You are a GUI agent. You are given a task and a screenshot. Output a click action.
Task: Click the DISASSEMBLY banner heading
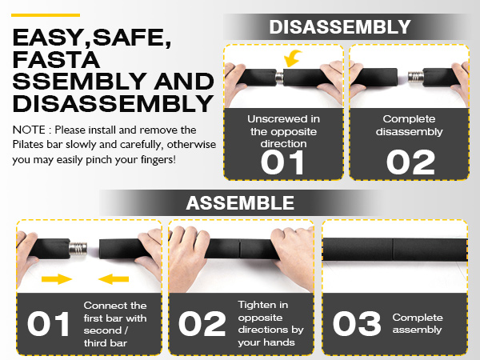[340, 27]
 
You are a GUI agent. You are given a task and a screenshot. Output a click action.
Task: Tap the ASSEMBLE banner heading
[240, 203]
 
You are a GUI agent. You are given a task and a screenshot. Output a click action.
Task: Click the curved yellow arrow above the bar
[292, 58]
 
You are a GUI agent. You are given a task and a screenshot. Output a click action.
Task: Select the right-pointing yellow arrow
[57, 279]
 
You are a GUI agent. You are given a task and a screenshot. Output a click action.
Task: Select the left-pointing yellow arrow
[114, 279]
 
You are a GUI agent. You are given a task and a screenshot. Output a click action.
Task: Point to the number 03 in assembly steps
[357, 323]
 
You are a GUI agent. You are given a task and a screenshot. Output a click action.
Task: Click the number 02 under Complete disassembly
[410, 162]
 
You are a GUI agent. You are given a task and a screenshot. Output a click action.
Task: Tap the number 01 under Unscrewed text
[282, 162]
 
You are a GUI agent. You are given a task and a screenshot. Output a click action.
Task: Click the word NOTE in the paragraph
[29, 130]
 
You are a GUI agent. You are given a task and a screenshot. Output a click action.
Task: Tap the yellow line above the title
[46, 15]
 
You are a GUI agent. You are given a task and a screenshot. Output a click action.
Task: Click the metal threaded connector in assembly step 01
[78, 248]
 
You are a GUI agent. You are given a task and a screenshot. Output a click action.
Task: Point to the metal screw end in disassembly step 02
[416, 77]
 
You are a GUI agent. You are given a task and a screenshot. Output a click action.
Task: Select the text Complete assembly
[418, 323]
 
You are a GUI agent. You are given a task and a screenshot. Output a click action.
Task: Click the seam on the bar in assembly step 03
[393, 249]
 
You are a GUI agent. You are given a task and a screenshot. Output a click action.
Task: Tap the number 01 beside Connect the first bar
[48, 323]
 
